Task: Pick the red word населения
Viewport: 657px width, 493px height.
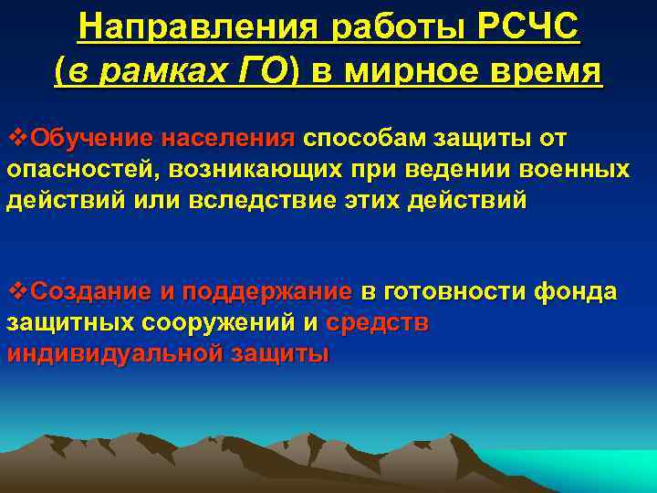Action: (228, 139)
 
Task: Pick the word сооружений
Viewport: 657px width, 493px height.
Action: (218, 323)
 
